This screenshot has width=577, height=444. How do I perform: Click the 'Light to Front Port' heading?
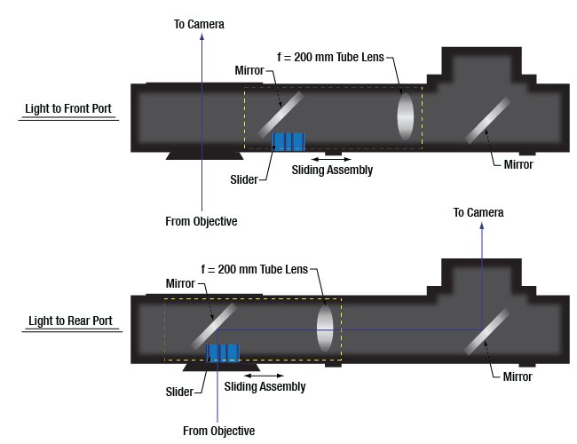(67, 111)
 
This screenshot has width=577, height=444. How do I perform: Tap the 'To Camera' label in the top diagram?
(199, 24)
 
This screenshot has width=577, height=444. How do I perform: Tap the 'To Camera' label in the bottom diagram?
(478, 212)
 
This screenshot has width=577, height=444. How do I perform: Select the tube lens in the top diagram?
(406, 115)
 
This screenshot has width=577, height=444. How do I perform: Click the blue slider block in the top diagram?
(288, 140)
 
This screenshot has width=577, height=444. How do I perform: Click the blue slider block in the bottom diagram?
(224, 351)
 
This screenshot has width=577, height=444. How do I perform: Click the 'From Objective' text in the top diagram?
(202, 221)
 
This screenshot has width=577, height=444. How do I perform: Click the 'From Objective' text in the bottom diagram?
(218, 431)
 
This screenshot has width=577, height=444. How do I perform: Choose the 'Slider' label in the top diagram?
(243, 179)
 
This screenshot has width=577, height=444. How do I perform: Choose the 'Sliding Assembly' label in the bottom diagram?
(265, 386)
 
